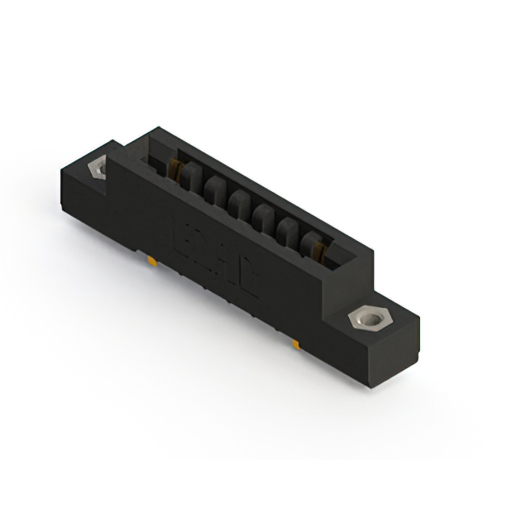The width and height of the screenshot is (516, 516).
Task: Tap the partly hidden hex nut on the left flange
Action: tap(98, 168)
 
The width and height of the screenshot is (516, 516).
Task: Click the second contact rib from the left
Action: tap(214, 192)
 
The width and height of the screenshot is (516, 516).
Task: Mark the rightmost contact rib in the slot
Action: tap(310, 243)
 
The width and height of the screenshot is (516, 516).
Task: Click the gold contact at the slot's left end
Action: tap(172, 169)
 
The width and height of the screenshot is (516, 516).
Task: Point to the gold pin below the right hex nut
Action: tap(297, 344)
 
